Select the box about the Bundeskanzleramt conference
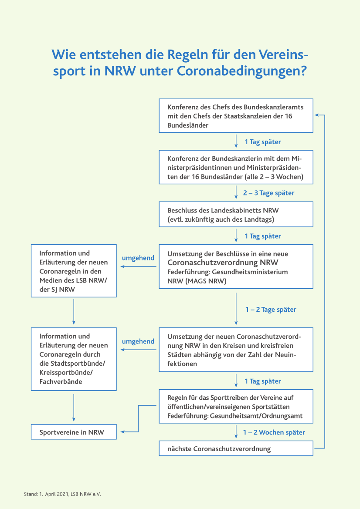[236, 116]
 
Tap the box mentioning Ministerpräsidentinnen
[236, 167]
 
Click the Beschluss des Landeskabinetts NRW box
[236, 214]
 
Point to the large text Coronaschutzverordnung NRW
[223, 262]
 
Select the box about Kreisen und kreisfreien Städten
[236, 350]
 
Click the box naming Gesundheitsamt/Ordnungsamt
[236, 406]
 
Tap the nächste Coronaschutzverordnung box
[236, 448]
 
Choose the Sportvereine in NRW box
[74, 432]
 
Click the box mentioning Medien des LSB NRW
[74, 271]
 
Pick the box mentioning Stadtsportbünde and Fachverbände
[74, 359]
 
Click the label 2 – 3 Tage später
[269, 193]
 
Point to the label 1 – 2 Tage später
[271, 309]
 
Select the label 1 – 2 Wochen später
[274, 432]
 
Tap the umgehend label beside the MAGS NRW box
[138, 258]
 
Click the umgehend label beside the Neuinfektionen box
[138, 341]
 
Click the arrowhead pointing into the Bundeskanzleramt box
[316, 115]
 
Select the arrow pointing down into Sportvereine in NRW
[74, 408]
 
